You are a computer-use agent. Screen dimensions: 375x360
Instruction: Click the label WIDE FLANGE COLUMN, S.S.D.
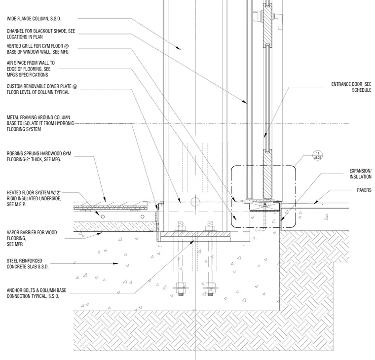[34, 19]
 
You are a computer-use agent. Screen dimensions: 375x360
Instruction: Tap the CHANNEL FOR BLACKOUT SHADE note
[41, 34]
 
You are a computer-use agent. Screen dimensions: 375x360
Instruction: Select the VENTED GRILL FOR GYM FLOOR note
[38, 49]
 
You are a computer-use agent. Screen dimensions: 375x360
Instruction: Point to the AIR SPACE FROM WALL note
[31, 69]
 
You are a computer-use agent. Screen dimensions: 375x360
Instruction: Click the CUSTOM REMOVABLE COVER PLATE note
[42, 89]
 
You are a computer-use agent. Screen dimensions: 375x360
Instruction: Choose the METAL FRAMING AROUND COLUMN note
[40, 123]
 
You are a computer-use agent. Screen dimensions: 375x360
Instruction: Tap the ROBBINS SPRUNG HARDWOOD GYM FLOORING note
[39, 156]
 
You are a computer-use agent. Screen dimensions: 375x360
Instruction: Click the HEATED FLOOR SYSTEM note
[34, 198]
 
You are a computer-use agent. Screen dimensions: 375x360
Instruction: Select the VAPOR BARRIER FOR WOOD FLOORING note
[32, 238]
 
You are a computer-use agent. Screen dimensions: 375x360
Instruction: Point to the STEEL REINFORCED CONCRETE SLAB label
[28, 264]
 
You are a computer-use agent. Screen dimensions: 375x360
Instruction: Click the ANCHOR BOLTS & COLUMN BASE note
[37, 293]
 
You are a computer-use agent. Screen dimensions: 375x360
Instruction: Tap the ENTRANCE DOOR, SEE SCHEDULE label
[351, 87]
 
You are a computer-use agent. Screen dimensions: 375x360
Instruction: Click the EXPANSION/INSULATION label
[360, 174]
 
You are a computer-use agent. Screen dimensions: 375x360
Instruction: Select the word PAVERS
[364, 190]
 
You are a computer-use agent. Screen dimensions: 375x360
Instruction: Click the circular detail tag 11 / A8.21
[318, 155]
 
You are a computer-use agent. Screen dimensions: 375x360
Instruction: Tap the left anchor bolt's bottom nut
[181, 287]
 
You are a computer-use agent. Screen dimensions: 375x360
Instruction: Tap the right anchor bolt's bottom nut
[211, 287]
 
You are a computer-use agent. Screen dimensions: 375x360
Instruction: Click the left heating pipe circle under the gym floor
[103, 216]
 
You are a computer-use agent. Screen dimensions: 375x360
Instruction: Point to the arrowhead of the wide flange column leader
[178, 48]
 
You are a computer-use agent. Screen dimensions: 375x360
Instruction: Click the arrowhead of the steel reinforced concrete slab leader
[115, 263]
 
